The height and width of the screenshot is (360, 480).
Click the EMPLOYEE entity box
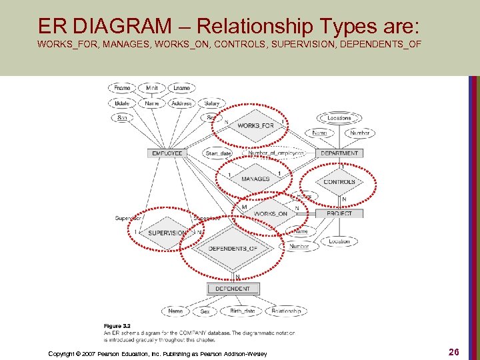click(x=167, y=153)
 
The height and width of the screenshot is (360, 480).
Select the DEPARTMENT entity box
click(x=339, y=153)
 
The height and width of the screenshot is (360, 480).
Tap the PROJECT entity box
click(x=339, y=213)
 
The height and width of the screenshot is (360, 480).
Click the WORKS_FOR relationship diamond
click(x=255, y=126)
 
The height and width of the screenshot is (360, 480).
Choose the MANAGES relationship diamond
click(x=255, y=179)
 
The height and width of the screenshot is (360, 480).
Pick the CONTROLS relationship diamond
click(x=339, y=181)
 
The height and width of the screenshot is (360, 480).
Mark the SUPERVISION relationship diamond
click(x=167, y=233)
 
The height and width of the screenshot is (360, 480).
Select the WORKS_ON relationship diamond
click(x=271, y=213)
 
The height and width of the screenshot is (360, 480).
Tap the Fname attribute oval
click(x=122, y=88)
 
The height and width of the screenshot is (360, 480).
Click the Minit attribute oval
click(x=152, y=88)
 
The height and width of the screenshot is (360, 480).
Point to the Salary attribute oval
click(x=212, y=103)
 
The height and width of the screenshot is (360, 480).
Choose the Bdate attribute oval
click(x=122, y=103)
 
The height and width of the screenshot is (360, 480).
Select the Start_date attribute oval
click(x=219, y=153)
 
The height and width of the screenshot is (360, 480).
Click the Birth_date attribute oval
click(x=242, y=311)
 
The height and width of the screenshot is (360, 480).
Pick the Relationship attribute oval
click(x=286, y=311)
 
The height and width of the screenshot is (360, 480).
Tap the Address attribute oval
click(x=181, y=103)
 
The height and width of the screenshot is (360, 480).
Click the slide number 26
click(x=453, y=351)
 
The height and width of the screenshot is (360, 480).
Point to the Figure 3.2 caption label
click(x=116, y=325)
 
